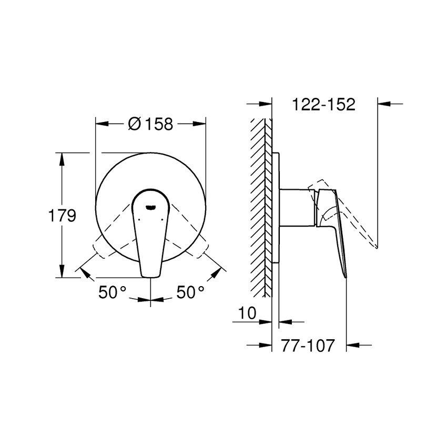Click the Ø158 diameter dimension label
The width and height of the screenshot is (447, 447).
[150, 124]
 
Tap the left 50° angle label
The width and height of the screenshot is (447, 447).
[113, 292]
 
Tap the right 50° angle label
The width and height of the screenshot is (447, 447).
[190, 292]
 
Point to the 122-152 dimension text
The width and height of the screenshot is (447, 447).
[324, 104]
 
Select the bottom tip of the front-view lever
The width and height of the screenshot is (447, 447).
[150, 273]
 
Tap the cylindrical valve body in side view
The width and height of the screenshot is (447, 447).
[297, 208]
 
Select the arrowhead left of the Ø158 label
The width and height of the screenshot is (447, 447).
[101, 124]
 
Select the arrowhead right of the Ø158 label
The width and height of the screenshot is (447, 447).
[199, 124]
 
